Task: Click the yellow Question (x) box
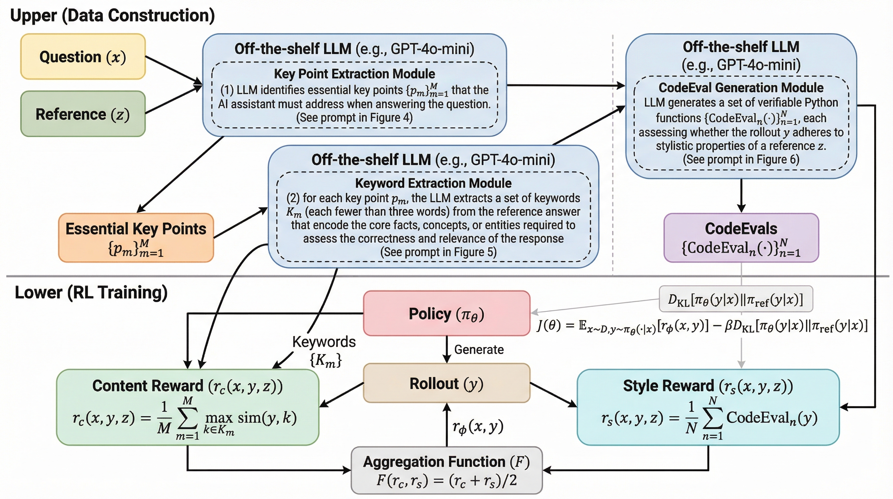(83, 57)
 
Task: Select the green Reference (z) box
(83, 114)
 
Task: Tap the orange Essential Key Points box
(136, 238)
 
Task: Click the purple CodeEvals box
(741, 238)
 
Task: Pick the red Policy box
(446, 313)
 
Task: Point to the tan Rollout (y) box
(446, 383)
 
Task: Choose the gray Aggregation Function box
(446, 470)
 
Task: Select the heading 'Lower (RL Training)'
(91, 292)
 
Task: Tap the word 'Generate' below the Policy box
(479, 350)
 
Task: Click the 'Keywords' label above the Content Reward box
(324, 342)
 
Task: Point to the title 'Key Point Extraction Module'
(354, 74)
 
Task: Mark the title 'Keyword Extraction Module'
(433, 183)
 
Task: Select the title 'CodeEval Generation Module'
(741, 88)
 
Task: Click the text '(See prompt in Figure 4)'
(354, 118)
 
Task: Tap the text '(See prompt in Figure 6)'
(741, 160)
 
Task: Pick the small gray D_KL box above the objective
(736, 299)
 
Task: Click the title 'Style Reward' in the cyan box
(668, 386)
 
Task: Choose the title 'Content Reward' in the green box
(148, 386)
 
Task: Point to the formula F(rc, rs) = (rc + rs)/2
(446, 480)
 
